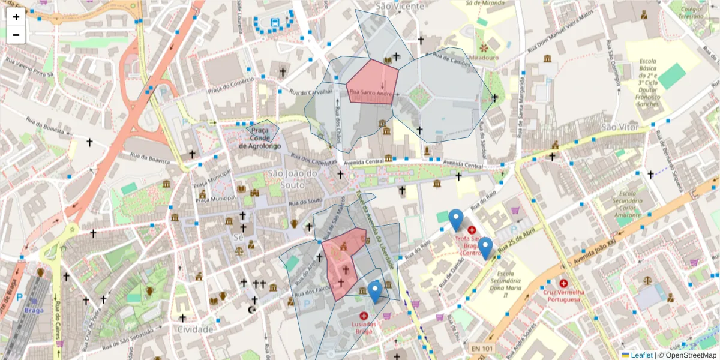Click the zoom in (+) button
point(16,17)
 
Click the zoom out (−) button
point(16,35)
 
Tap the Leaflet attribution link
point(641,355)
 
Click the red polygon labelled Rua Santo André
point(373,82)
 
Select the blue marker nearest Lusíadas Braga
point(375,292)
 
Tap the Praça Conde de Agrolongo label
point(259,137)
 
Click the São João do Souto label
point(292,178)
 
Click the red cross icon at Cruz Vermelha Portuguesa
point(563,283)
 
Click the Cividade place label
point(195,329)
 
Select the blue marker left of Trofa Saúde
point(456,220)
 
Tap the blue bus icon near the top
point(275,23)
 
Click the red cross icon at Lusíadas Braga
point(364,315)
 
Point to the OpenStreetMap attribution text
point(687,355)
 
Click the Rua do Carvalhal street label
point(310,92)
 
